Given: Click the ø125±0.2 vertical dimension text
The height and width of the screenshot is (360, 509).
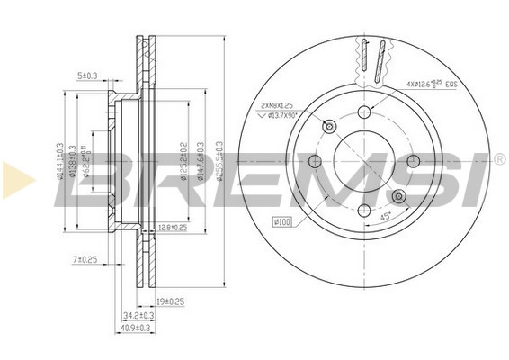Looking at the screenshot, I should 183,162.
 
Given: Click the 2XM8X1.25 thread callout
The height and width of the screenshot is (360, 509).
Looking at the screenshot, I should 276,104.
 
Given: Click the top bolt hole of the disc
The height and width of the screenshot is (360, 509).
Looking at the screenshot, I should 363,112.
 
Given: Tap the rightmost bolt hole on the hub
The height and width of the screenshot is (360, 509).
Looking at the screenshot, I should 413,161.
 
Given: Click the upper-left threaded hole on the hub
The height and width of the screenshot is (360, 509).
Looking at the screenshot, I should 328,126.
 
